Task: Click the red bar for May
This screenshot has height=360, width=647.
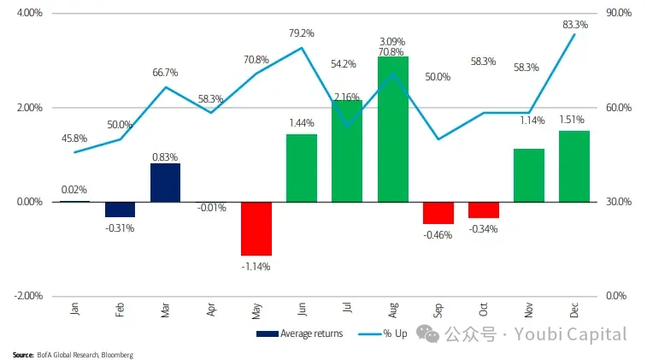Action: (x=256, y=228)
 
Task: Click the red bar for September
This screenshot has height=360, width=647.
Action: (x=438, y=212)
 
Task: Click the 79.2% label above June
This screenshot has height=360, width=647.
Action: (x=301, y=33)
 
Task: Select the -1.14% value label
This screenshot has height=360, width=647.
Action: (x=256, y=266)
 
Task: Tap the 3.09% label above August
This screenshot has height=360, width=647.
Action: (x=392, y=41)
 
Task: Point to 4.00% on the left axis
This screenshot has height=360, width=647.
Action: (x=29, y=14)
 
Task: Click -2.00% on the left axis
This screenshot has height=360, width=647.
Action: (x=28, y=296)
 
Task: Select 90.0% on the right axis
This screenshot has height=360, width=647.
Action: (x=618, y=14)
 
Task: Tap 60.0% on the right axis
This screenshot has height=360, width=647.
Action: (x=618, y=108)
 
